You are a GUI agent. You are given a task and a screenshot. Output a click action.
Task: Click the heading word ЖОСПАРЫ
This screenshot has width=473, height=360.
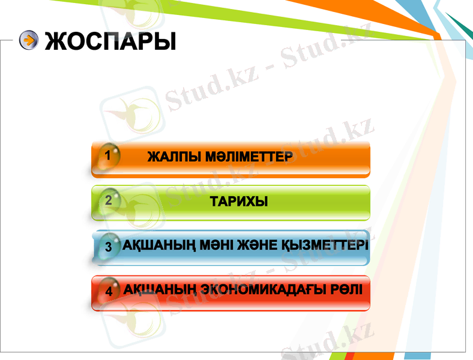(x=110, y=40)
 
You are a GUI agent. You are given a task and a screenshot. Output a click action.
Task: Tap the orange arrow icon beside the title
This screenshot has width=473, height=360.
(x=28, y=40)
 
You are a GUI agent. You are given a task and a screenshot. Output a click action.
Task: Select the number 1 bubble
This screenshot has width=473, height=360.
(x=107, y=155)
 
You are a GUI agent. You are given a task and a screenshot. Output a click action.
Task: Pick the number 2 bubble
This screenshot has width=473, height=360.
(x=108, y=200)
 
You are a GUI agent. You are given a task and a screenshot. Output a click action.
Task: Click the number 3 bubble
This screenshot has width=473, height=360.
(x=109, y=246)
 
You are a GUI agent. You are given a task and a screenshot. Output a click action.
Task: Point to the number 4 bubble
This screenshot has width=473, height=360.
(x=109, y=291)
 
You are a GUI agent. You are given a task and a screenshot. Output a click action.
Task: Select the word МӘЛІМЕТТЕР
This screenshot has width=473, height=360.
(x=249, y=157)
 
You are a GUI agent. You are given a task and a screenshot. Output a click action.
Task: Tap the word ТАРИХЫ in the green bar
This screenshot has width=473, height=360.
(x=239, y=202)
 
